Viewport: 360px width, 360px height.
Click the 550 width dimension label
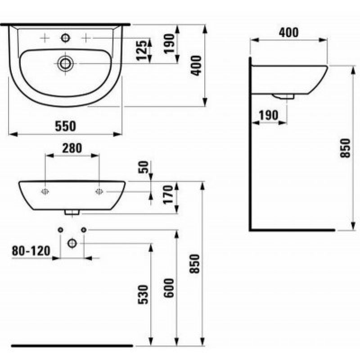[65, 126]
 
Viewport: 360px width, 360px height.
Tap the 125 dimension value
[141, 50]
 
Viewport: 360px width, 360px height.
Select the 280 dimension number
[72, 148]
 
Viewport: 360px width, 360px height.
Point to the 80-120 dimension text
[31, 251]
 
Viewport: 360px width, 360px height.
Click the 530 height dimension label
[143, 294]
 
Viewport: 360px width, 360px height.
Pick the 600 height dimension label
[169, 288]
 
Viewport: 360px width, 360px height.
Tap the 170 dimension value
[168, 194]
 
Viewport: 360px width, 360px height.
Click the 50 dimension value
[144, 167]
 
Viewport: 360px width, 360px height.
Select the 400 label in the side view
[289, 32]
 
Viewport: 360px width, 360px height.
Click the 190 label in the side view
[268, 115]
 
